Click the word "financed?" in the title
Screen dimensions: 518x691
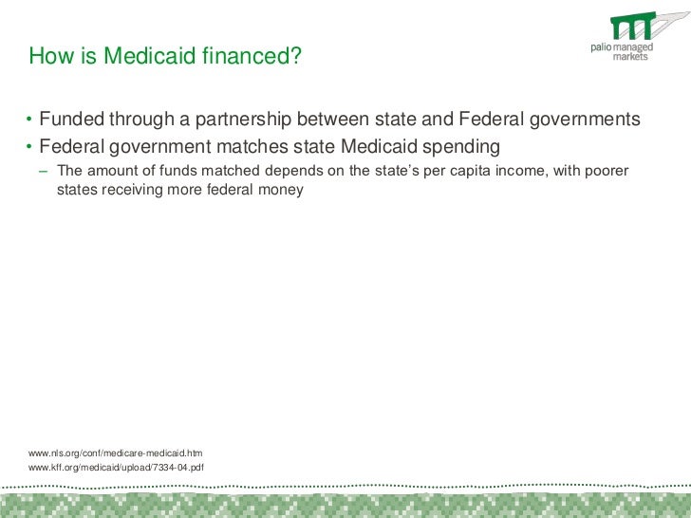tap(252, 58)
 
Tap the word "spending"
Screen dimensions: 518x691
tap(461, 147)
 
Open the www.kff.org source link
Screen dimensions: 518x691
tap(116, 468)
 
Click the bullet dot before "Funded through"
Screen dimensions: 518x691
tap(29, 120)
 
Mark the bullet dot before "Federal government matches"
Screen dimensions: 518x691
tap(29, 147)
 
